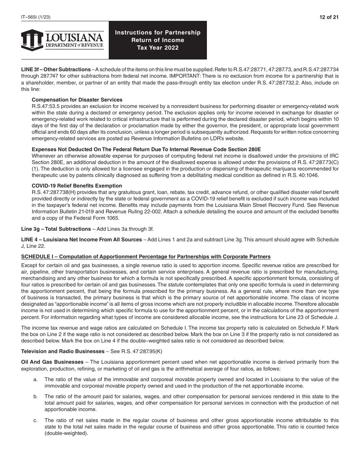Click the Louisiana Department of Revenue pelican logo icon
[x=32, y=39]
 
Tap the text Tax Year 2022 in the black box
[x=158, y=48]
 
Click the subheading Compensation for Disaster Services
[x=77, y=100]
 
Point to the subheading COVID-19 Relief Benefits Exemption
[x=77, y=186]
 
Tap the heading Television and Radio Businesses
[x=55, y=351]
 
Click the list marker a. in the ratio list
[x=35, y=379]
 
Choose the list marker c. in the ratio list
[x=35, y=420]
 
